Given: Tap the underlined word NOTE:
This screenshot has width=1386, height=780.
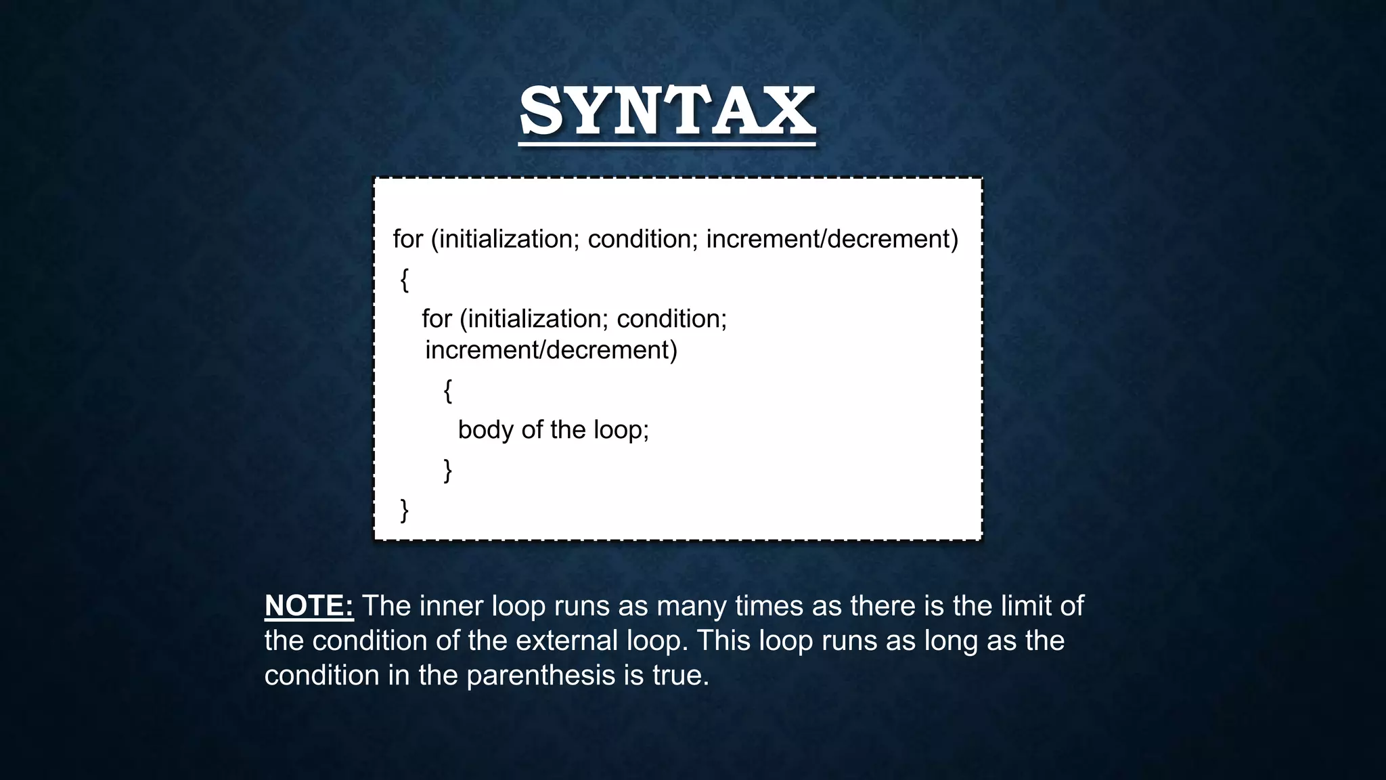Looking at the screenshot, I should [x=309, y=606].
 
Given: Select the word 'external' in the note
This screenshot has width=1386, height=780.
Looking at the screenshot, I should [x=566, y=641].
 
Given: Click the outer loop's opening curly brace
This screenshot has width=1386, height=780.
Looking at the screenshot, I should [x=405, y=279].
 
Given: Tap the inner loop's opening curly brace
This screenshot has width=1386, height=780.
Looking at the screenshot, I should [x=447, y=391].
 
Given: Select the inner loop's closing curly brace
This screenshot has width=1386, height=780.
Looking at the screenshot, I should [x=447, y=470].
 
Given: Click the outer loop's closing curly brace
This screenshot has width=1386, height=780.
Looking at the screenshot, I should [x=405, y=510].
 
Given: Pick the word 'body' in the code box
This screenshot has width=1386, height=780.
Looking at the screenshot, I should [x=485, y=430].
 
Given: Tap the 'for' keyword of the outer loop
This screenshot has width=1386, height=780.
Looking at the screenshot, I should [x=407, y=239].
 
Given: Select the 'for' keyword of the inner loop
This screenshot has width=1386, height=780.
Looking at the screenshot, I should [x=437, y=319].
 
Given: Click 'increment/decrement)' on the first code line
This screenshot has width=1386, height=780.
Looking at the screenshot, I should [x=832, y=239].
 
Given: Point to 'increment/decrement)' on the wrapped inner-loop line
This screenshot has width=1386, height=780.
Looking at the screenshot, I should [x=551, y=350].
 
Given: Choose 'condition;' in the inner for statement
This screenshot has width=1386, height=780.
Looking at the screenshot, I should [x=671, y=319].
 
